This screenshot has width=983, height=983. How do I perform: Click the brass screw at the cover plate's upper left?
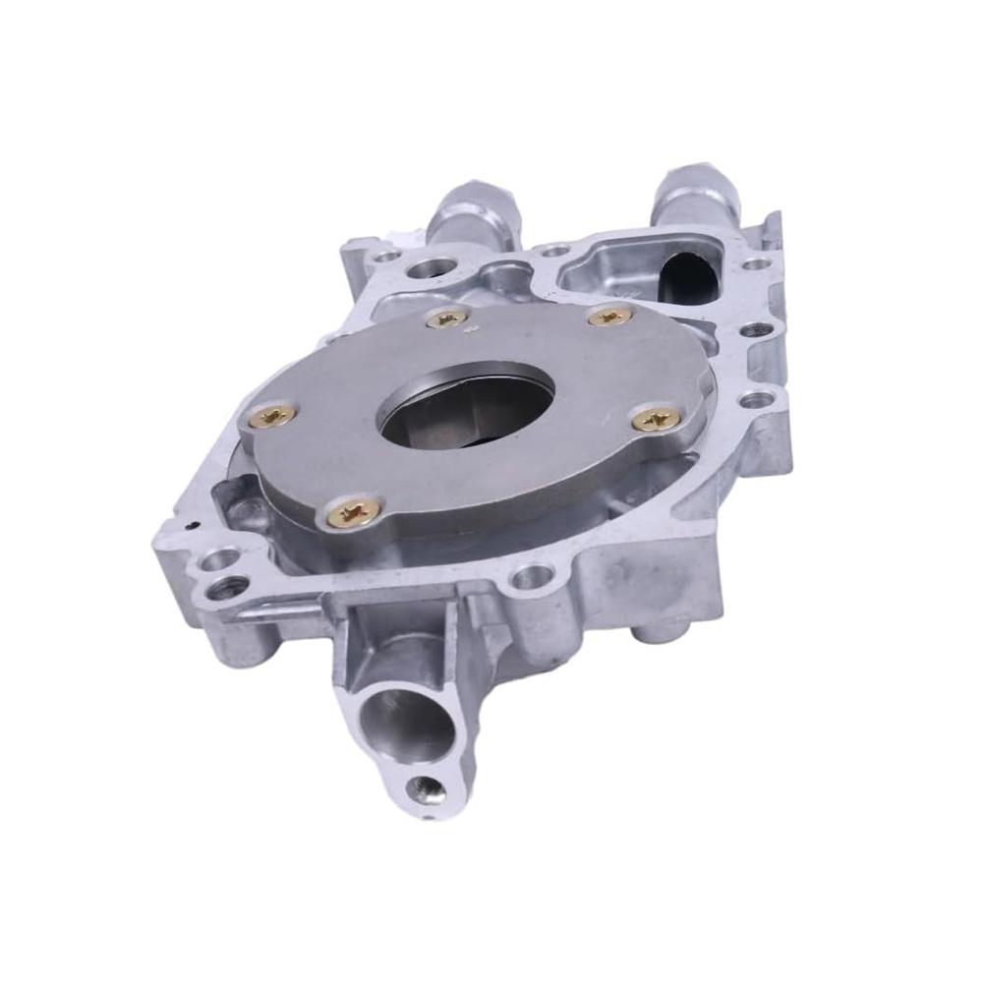coord(447,318)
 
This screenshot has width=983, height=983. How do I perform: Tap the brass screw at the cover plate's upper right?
coord(610,316)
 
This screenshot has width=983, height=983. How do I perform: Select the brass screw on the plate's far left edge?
coord(274,416)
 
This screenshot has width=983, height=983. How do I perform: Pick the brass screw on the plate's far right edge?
coord(656,420)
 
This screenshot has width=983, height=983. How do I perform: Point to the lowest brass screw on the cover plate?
coord(355,511)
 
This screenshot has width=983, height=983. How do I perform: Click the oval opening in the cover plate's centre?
coord(467,407)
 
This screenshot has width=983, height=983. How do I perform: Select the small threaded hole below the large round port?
coord(425,786)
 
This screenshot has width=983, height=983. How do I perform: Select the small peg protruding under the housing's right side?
coord(646,634)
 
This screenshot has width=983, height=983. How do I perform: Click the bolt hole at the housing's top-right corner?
coord(754,263)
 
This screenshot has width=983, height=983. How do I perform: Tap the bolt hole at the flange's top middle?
coord(555,252)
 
